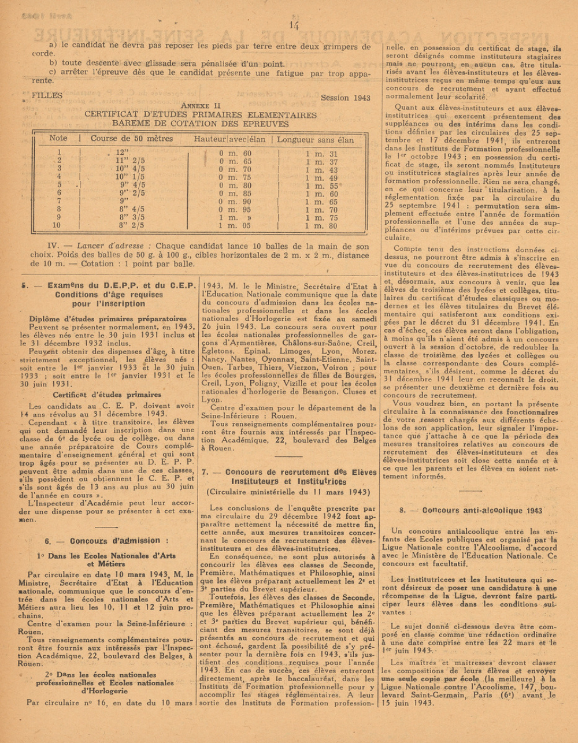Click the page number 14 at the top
(294, 25)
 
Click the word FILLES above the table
(48, 95)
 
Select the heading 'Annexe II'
(201, 106)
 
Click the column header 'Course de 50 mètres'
(132, 139)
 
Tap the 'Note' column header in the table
(58, 139)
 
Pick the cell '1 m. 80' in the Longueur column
(321, 226)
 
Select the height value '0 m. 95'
(235, 210)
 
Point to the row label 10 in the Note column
(57, 226)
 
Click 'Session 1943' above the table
(346, 98)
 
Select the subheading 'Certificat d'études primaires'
(108, 395)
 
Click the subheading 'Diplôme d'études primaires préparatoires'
(108, 318)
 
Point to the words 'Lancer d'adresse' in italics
(113, 246)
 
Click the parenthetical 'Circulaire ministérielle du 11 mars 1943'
(288, 492)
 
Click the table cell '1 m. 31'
(321, 154)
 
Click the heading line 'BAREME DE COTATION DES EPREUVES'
(201, 124)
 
